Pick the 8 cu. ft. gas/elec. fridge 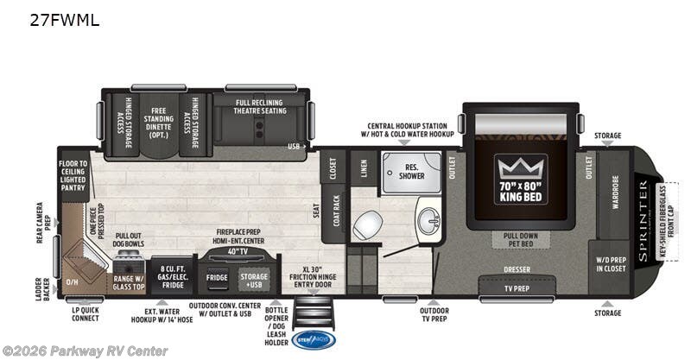(x=174, y=276)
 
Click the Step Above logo (x=313, y=340)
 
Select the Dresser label (x=517, y=270)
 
